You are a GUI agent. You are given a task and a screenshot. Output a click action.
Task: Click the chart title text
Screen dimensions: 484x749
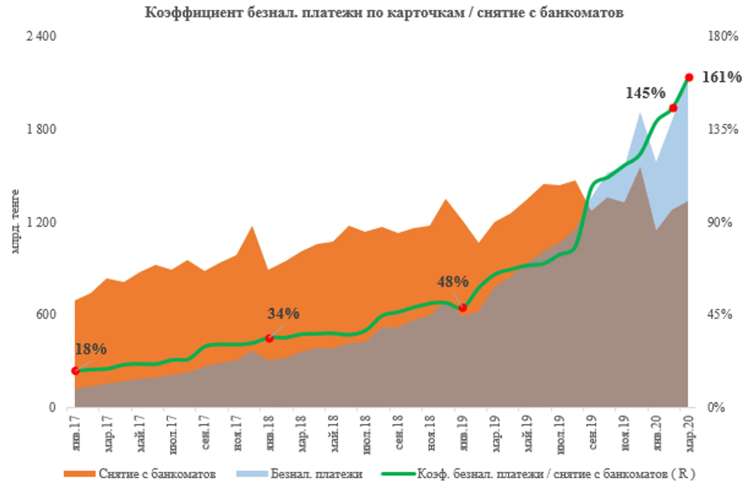(x=384, y=13)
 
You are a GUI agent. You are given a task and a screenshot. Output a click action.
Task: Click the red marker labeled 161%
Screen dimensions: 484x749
(x=689, y=77)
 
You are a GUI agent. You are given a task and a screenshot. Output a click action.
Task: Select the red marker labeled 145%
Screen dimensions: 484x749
(x=673, y=108)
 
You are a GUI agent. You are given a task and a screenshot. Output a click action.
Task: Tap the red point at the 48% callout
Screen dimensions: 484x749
(x=463, y=308)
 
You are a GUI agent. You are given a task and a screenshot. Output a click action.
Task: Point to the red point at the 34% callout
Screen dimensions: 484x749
(x=269, y=339)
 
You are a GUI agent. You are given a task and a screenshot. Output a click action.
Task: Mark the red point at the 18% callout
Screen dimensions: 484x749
(x=75, y=371)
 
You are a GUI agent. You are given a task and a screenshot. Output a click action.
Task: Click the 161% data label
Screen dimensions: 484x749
(x=722, y=77)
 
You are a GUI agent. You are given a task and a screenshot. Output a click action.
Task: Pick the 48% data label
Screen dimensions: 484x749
(x=453, y=282)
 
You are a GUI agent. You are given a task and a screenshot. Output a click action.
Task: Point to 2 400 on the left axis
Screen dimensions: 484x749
(x=41, y=36)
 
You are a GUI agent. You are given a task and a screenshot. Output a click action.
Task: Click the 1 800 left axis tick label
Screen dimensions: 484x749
(x=41, y=129)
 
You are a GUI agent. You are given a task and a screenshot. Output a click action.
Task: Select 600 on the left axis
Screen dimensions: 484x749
(x=46, y=314)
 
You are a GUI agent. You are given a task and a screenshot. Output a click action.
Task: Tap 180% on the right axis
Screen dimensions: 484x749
(x=723, y=36)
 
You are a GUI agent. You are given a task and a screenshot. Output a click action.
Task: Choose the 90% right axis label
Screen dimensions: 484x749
(x=720, y=222)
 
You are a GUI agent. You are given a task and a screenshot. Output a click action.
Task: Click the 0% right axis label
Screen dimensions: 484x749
(x=716, y=407)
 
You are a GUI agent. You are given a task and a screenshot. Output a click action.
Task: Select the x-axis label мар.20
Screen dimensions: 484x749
(x=690, y=434)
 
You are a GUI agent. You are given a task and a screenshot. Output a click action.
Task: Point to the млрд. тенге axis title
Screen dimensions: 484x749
(x=15, y=222)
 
